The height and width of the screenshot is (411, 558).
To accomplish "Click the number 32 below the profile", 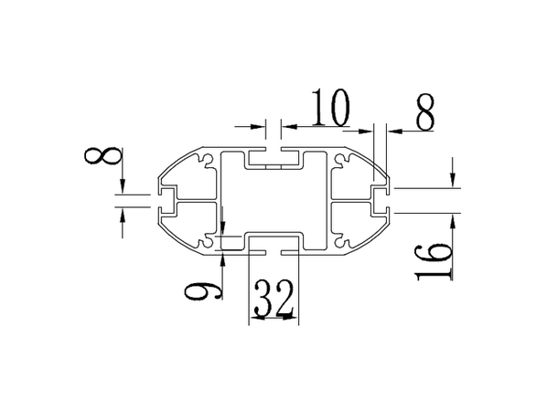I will pos(273,299).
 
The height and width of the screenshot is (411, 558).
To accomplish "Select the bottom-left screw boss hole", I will pos(209,243).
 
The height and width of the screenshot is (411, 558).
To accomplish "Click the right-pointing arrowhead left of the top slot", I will pos(260,127).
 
